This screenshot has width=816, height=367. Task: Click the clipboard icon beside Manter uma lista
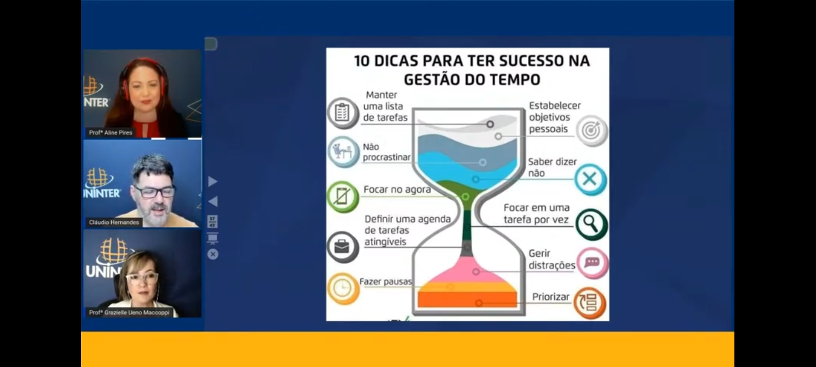[342, 113]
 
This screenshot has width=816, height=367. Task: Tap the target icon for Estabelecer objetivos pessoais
[592, 130]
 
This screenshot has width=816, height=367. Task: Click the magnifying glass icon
[591, 224]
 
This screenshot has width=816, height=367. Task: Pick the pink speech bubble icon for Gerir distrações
[592, 263]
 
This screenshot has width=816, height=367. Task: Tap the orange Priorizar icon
[590, 303]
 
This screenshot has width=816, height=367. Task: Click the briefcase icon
[343, 247]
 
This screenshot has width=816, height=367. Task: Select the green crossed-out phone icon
[343, 197]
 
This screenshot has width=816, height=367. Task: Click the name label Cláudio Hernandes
[114, 222]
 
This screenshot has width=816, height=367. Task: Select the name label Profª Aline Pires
[111, 133]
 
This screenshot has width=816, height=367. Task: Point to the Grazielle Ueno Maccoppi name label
[130, 312]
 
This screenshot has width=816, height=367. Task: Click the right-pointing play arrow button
[213, 181]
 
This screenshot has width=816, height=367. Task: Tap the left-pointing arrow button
[213, 201]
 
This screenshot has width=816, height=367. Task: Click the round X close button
[213, 254]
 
